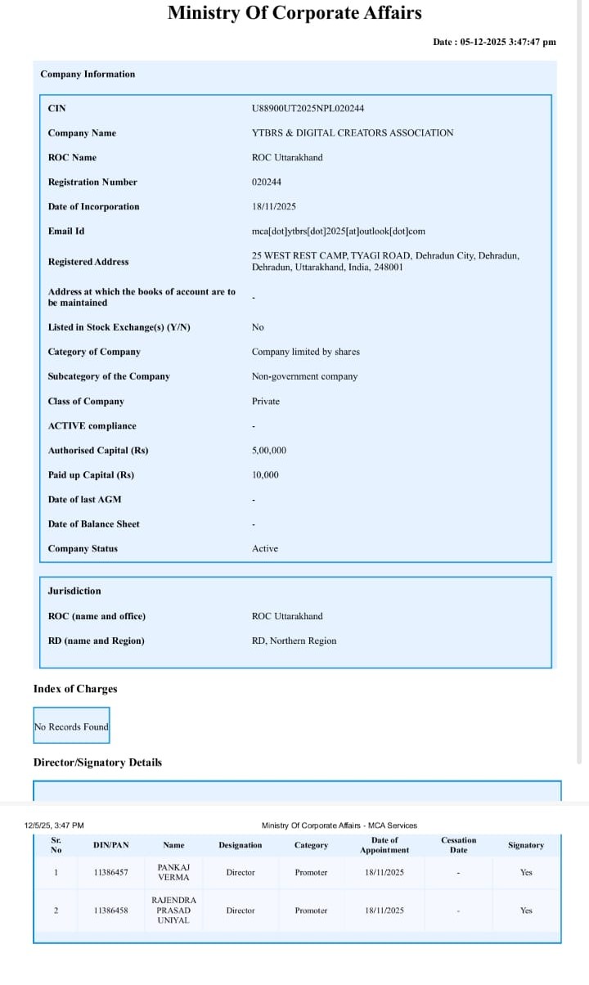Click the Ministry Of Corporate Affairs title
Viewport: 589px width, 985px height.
pos(294,13)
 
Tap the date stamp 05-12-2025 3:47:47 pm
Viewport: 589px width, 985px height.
pos(494,42)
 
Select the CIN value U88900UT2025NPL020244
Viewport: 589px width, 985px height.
pos(308,109)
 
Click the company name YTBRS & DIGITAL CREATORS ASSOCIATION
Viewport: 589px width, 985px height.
pos(352,133)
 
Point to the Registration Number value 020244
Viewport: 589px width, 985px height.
pos(266,182)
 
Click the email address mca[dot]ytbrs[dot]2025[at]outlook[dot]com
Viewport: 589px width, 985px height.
pos(338,232)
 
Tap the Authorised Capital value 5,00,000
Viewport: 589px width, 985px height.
pos(268,451)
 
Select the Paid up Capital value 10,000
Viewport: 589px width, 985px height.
pos(265,475)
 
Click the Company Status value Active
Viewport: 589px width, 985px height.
pos(264,549)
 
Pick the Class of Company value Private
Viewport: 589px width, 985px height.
pos(265,402)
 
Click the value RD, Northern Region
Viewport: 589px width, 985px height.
pos(294,641)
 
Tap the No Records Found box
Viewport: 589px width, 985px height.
pos(71,726)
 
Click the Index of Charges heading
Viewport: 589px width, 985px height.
pos(75,689)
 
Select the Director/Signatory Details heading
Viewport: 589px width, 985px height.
pos(97,762)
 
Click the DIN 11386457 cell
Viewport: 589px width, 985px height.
pos(110,873)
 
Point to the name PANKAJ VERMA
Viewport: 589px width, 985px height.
pos(173,871)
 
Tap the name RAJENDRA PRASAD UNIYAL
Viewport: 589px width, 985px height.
pos(173,910)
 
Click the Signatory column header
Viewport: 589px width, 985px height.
pos(525,845)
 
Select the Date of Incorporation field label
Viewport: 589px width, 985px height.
pos(93,207)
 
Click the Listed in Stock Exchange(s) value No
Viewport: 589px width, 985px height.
pos(258,328)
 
